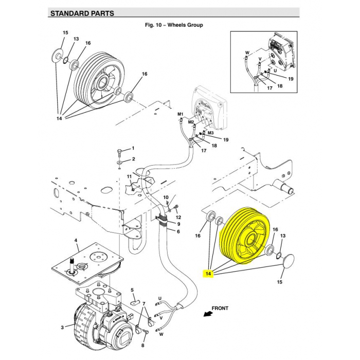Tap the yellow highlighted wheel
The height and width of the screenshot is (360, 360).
[x=243, y=238]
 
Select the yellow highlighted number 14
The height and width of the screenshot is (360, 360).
[x=208, y=274]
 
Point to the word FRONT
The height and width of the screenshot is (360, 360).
[x=220, y=309]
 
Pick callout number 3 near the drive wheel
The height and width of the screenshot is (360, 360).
[x=62, y=327]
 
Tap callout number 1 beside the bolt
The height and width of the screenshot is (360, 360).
[x=133, y=149]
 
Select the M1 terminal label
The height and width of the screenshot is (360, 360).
[x=180, y=114]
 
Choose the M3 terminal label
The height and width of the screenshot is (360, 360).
[x=210, y=133]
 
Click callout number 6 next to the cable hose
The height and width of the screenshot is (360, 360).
[x=178, y=231]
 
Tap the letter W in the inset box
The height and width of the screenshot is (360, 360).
[x=247, y=52]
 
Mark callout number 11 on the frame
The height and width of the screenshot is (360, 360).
[x=130, y=177]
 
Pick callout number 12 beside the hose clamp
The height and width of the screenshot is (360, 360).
[x=178, y=217]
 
